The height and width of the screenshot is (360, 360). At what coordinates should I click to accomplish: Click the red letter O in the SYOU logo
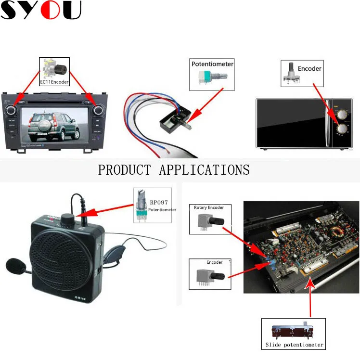click(x=50, y=10)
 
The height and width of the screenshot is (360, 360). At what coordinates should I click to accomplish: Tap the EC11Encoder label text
click(x=54, y=82)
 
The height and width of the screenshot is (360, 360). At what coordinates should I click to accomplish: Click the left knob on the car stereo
click(x=11, y=110)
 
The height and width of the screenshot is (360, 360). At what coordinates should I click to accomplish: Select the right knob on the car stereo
click(x=98, y=110)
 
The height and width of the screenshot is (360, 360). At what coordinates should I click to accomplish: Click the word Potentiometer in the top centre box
click(x=212, y=64)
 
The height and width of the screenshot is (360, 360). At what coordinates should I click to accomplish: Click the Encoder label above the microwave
click(x=309, y=68)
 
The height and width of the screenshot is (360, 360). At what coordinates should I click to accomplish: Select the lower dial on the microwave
click(x=342, y=129)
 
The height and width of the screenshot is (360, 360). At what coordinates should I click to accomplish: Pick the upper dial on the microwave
click(x=342, y=114)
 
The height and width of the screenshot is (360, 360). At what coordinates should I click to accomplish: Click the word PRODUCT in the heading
click(x=125, y=170)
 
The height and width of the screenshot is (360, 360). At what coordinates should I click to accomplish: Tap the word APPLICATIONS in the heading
click(x=205, y=170)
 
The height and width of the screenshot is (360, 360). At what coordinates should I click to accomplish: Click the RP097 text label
click(x=159, y=203)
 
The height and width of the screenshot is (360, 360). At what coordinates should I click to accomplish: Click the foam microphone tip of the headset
click(x=15, y=266)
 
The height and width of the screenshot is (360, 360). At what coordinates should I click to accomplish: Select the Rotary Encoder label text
click(x=209, y=207)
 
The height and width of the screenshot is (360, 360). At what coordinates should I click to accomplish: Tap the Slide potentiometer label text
click(x=295, y=345)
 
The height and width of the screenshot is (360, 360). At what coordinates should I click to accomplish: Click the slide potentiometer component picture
click(x=293, y=331)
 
